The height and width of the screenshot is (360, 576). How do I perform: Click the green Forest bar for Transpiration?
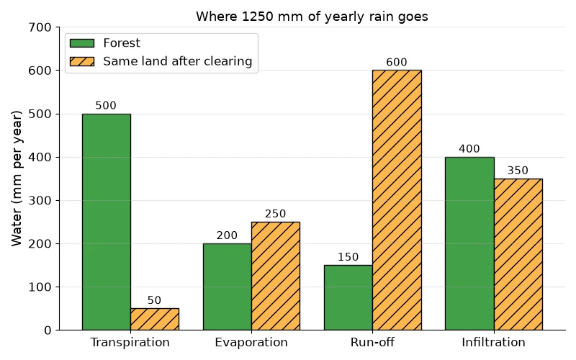tap(107, 222)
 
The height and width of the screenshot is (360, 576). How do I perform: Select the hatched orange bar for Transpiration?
tap(155, 319)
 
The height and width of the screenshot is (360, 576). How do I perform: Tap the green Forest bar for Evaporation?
tap(228, 287)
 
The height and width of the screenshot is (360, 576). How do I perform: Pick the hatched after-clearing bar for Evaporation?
tap(276, 276)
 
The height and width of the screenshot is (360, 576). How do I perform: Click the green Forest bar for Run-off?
tap(348, 297)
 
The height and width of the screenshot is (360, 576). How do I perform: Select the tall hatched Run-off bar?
tap(397, 200)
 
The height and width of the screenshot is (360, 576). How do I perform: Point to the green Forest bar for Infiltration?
tap(469, 243)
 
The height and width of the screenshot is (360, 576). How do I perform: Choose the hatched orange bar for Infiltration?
tap(518, 254)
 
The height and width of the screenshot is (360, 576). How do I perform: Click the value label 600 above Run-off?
tap(397, 62)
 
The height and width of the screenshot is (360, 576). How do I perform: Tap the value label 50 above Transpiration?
tap(154, 300)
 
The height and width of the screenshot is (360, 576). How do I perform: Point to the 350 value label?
tap(518, 171)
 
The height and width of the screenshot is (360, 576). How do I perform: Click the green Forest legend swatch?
tap(82, 43)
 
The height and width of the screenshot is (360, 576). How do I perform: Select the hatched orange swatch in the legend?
tap(82, 61)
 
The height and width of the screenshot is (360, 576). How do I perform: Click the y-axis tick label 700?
tap(40, 27)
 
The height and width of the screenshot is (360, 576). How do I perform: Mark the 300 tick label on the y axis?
tap(40, 201)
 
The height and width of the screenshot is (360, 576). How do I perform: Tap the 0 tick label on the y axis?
tap(48, 330)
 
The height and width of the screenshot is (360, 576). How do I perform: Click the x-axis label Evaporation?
tap(251, 343)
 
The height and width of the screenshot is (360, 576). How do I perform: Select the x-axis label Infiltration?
tap(493, 343)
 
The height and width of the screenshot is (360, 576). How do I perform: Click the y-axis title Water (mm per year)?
tap(17, 179)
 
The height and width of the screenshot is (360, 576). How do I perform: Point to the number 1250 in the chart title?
tap(258, 17)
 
